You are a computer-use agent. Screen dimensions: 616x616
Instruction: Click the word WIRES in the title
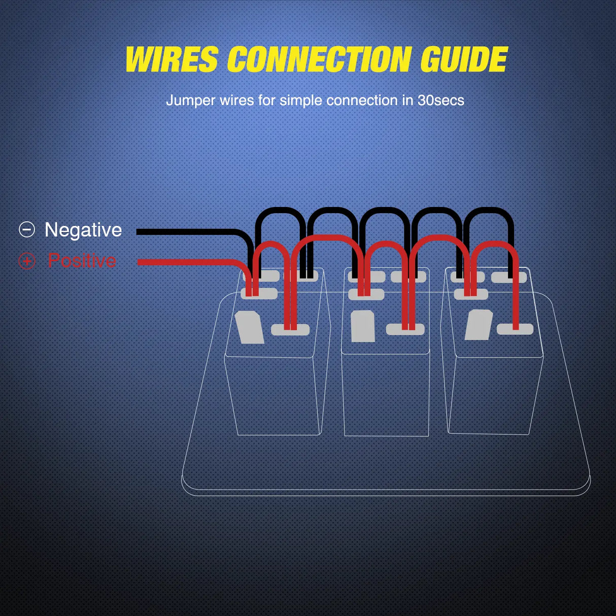tap(172, 60)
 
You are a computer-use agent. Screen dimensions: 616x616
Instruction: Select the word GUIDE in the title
tap(464, 60)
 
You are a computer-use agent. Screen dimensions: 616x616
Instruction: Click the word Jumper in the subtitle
tap(191, 100)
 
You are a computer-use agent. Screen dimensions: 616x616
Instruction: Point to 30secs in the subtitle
tap(440, 100)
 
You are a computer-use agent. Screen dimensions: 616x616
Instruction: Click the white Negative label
tap(83, 230)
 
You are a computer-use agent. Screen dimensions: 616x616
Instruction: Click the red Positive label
tap(82, 261)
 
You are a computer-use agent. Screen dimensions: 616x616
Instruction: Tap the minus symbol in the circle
tap(27, 230)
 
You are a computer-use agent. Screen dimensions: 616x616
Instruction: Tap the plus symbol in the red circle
tap(27, 261)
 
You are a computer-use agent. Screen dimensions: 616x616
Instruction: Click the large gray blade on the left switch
tap(249, 327)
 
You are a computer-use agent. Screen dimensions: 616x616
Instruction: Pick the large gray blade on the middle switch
tap(363, 326)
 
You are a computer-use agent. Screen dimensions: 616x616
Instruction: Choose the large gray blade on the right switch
tap(478, 325)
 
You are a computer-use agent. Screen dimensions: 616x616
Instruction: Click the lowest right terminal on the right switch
tap(515, 329)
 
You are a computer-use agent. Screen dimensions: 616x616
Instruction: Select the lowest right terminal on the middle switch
tap(405, 329)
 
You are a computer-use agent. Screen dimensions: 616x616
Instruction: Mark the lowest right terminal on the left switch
tap(290, 330)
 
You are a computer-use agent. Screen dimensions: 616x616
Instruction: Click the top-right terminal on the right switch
tap(509, 277)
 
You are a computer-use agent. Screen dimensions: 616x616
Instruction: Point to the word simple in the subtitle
tap(301, 100)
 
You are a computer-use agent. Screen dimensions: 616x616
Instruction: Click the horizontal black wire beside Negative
tap(188, 232)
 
